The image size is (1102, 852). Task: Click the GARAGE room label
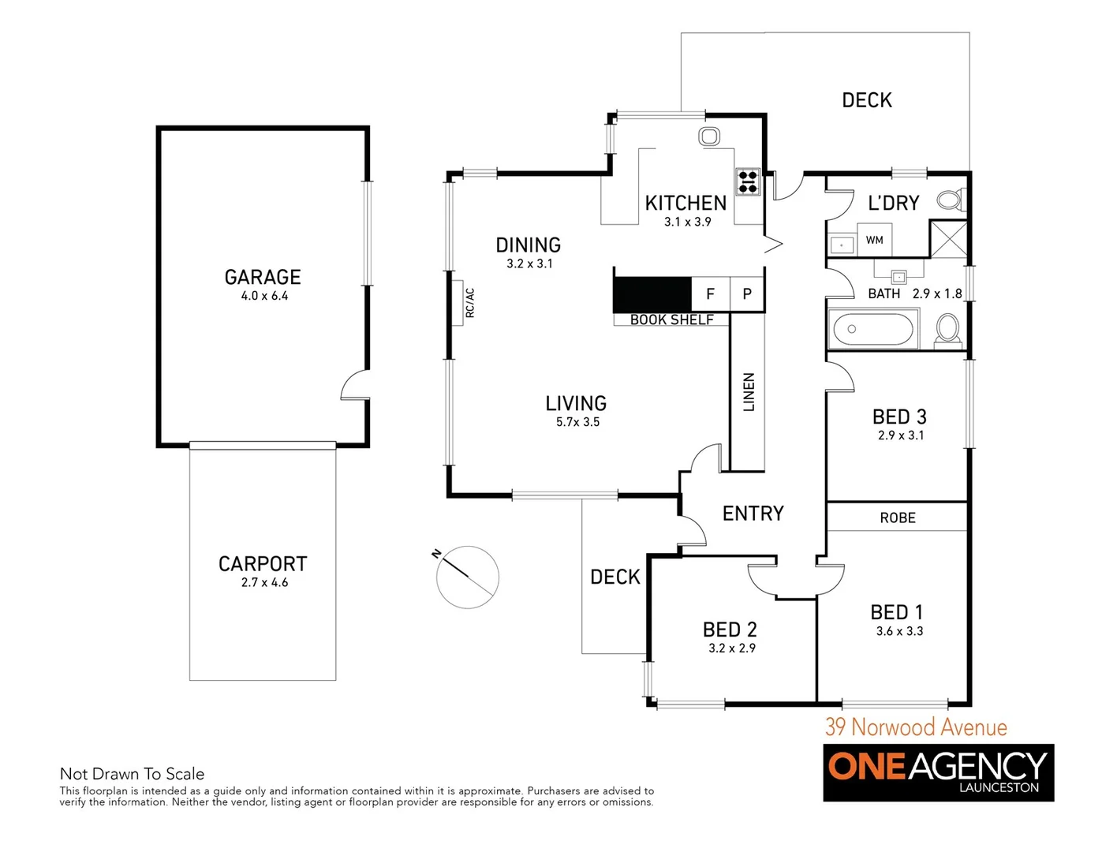coord(263,277)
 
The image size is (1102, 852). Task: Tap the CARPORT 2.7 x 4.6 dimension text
coord(264,583)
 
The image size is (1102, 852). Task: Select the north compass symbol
coord(467,577)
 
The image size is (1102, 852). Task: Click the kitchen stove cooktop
coord(747,182)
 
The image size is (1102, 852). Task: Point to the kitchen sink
coord(709,136)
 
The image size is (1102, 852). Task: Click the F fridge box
coord(710,294)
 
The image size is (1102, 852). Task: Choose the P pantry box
coord(747,294)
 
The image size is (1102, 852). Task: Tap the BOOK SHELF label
coord(671,319)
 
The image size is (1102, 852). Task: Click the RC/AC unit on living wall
coord(457,303)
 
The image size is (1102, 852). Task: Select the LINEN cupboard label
coord(749,392)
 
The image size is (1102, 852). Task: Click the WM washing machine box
coord(874,241)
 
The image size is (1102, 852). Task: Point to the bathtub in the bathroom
coord(872,329)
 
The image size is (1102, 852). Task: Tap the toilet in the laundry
coord(951,200)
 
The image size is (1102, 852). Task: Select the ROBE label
coord(898,518)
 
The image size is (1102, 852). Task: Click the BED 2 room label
coord(730,630)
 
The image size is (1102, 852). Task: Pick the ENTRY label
coord(753,514)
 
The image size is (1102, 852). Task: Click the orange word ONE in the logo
coord(867,766)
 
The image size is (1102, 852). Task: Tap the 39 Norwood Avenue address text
coord(916,727)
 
